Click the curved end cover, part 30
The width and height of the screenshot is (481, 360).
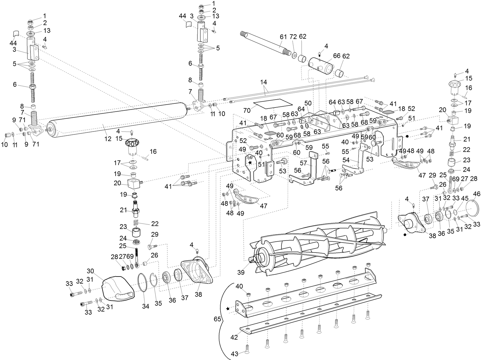pos(117,289)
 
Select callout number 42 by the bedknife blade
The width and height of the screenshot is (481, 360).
pos(234,337)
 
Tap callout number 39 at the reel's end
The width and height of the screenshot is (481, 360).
pos(240,272)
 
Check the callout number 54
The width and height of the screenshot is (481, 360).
pos(346,160)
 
